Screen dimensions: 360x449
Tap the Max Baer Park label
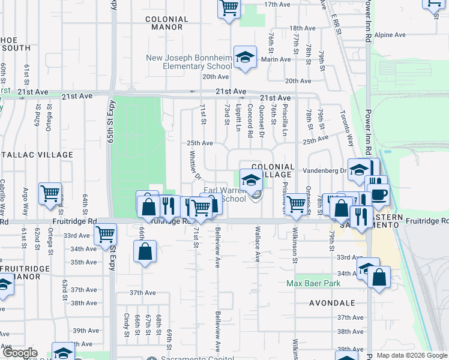click(313, 283)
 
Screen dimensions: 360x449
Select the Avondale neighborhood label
click(332, 303)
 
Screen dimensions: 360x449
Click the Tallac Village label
click(36, 155)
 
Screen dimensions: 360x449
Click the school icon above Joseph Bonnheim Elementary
click(245, 58)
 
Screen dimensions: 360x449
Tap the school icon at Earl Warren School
click(251, 179)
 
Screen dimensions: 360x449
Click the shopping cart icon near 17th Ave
click(229, 8)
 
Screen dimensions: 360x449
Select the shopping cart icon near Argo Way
click(50, 193)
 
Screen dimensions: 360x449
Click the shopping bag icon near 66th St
click(145, 251)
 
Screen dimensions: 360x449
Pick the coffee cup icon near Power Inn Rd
click(379, 195)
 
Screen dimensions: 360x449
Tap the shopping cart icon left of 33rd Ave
click(106, 234)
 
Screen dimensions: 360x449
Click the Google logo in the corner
click(20, 353)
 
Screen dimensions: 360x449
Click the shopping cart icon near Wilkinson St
click(296, 204)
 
